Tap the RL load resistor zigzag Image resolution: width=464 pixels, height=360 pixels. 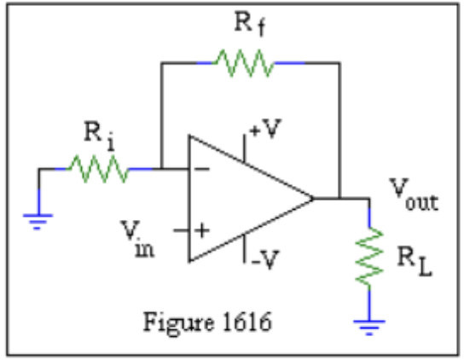369,256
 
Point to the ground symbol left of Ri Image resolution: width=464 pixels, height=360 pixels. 38,221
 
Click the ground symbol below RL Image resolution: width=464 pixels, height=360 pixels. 369,322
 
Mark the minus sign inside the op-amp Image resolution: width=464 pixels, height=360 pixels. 202,169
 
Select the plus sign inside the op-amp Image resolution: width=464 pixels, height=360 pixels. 202,230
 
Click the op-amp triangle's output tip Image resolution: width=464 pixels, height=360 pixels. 313,200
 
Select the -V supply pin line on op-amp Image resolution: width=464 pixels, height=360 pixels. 245,250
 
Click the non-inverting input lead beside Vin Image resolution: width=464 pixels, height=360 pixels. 181,230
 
